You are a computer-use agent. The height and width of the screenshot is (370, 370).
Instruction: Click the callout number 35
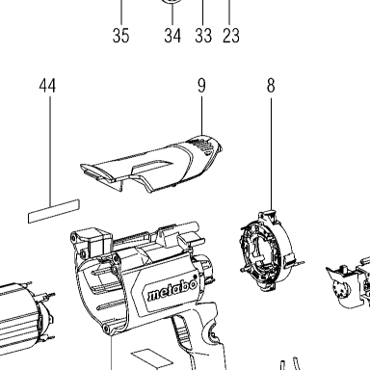pos(120,36)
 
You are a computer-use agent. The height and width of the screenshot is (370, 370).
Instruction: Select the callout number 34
pos(172,36)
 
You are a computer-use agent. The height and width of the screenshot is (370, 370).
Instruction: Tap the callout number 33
pos(203,36)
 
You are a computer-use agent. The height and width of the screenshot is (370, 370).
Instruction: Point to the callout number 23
pos(231,36)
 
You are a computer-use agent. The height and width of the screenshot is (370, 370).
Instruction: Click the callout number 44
pos(47,86)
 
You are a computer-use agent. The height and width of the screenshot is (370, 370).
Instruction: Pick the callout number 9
pos(201,86)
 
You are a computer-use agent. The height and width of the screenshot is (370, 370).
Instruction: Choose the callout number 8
pos(271,86)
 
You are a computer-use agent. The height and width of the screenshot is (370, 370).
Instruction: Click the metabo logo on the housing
pos(172,289)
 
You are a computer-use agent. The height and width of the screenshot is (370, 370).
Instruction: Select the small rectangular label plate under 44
pos(54,211)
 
